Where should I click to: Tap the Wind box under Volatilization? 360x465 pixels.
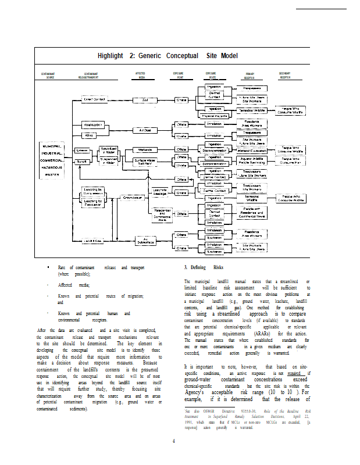tap(90, 136)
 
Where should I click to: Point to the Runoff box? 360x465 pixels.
tap(81, 162)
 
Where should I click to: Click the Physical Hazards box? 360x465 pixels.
tap(215, 116)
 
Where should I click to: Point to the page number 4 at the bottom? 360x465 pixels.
tap(173, 441)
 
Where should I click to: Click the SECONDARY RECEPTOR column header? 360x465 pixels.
tap(285, 75)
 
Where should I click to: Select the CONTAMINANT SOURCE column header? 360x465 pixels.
tap(50, 76)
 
